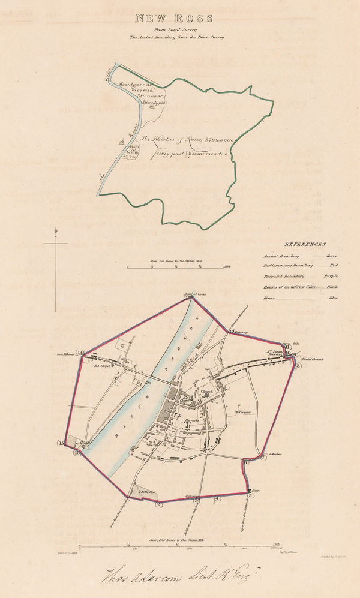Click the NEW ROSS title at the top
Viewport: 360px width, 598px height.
(179, 18)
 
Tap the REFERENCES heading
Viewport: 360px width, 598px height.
(305, 244)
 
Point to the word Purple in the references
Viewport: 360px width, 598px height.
(331, 276)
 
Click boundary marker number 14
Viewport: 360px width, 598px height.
(80, 353)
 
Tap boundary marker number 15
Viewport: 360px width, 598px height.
(61, 443)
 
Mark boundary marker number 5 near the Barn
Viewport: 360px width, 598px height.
(249, 495)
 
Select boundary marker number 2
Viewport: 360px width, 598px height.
(158, 504)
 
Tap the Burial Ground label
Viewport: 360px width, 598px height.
(313, 359)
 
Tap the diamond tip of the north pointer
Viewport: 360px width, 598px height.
(56, 231)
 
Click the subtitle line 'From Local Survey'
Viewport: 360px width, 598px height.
(179, 29)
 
